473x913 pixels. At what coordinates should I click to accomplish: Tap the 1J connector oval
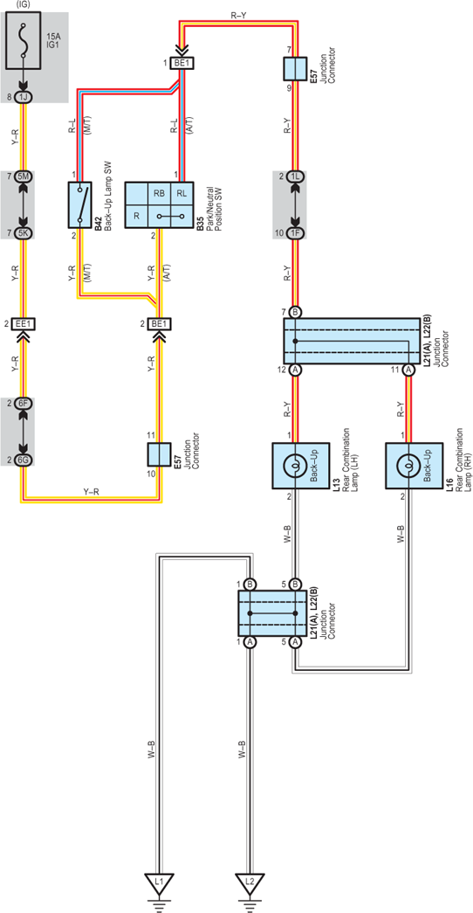pyautogui.click(x=24, y=97)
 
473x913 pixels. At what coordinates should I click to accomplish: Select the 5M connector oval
pyautogui.click(x=24, y=176)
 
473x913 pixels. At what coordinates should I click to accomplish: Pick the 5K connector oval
pyautogui.click(x=24, y=233)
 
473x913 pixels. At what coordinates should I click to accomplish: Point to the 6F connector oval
pyautogui.click(x=24, y=403)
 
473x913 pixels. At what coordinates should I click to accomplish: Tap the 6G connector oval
pyautogui.click(x=24, y=460)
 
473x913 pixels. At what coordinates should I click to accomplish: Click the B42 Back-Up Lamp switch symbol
pyautogui.click(x=80, y=204)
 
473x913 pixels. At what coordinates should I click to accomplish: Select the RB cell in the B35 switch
pyautogui.click(x=159, y=193)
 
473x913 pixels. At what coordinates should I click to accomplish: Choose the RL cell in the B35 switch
pyautogui.click(x=182, y=193)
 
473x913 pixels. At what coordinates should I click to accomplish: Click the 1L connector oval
pyautogui.click(x=295, y=176)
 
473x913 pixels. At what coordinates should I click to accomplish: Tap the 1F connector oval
pyautogui.click(x=295, y=233)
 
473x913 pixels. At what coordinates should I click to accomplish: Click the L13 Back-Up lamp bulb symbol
pyautogui.click(x=296, y=466)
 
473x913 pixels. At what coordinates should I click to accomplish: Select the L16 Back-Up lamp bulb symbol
pyautogui.click(x=408, y=466)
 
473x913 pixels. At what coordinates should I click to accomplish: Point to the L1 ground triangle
pyautogui.click(x=159, y=882)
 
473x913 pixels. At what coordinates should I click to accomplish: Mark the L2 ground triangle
pyautogui.click(x=250, y=882)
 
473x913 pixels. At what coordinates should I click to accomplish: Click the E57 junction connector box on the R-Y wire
pyautogui.click(x=295, y=69)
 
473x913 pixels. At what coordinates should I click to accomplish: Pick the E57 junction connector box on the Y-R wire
pyautogui.click(x=159, y=454)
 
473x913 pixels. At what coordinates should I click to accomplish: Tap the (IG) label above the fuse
pyautogui.click(x=24, y=4)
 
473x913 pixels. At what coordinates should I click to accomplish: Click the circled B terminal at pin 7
pyautogui.click(x=295, y=313)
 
